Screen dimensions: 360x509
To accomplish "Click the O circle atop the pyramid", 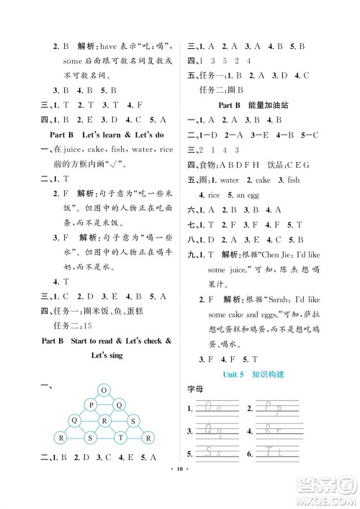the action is pos(104,390).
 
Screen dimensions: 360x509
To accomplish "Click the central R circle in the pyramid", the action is pos(104,421).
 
